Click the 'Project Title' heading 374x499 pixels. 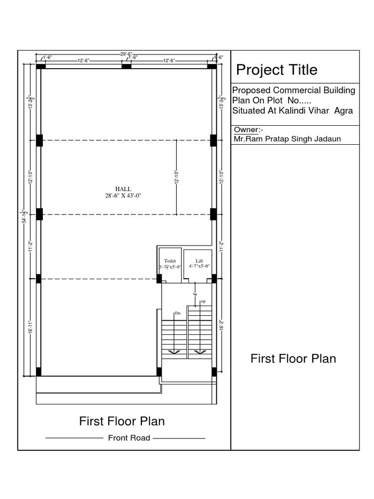point(277,70)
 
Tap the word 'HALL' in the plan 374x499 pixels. point(123,189)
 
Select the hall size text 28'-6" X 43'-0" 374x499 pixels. point(123,195)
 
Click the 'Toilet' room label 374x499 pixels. point(170,261)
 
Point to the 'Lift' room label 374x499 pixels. point(199,261)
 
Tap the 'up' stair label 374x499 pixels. point(203,302)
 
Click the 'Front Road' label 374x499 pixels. point(129,438)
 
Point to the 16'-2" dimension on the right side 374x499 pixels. point(222,326)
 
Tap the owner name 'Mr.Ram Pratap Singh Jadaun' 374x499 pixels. point(287,139)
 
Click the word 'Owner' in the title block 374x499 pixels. point(246,130)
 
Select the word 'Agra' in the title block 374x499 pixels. point(343,111)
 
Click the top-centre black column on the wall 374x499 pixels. point(126,66)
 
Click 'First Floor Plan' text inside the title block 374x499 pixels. point(293,359)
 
